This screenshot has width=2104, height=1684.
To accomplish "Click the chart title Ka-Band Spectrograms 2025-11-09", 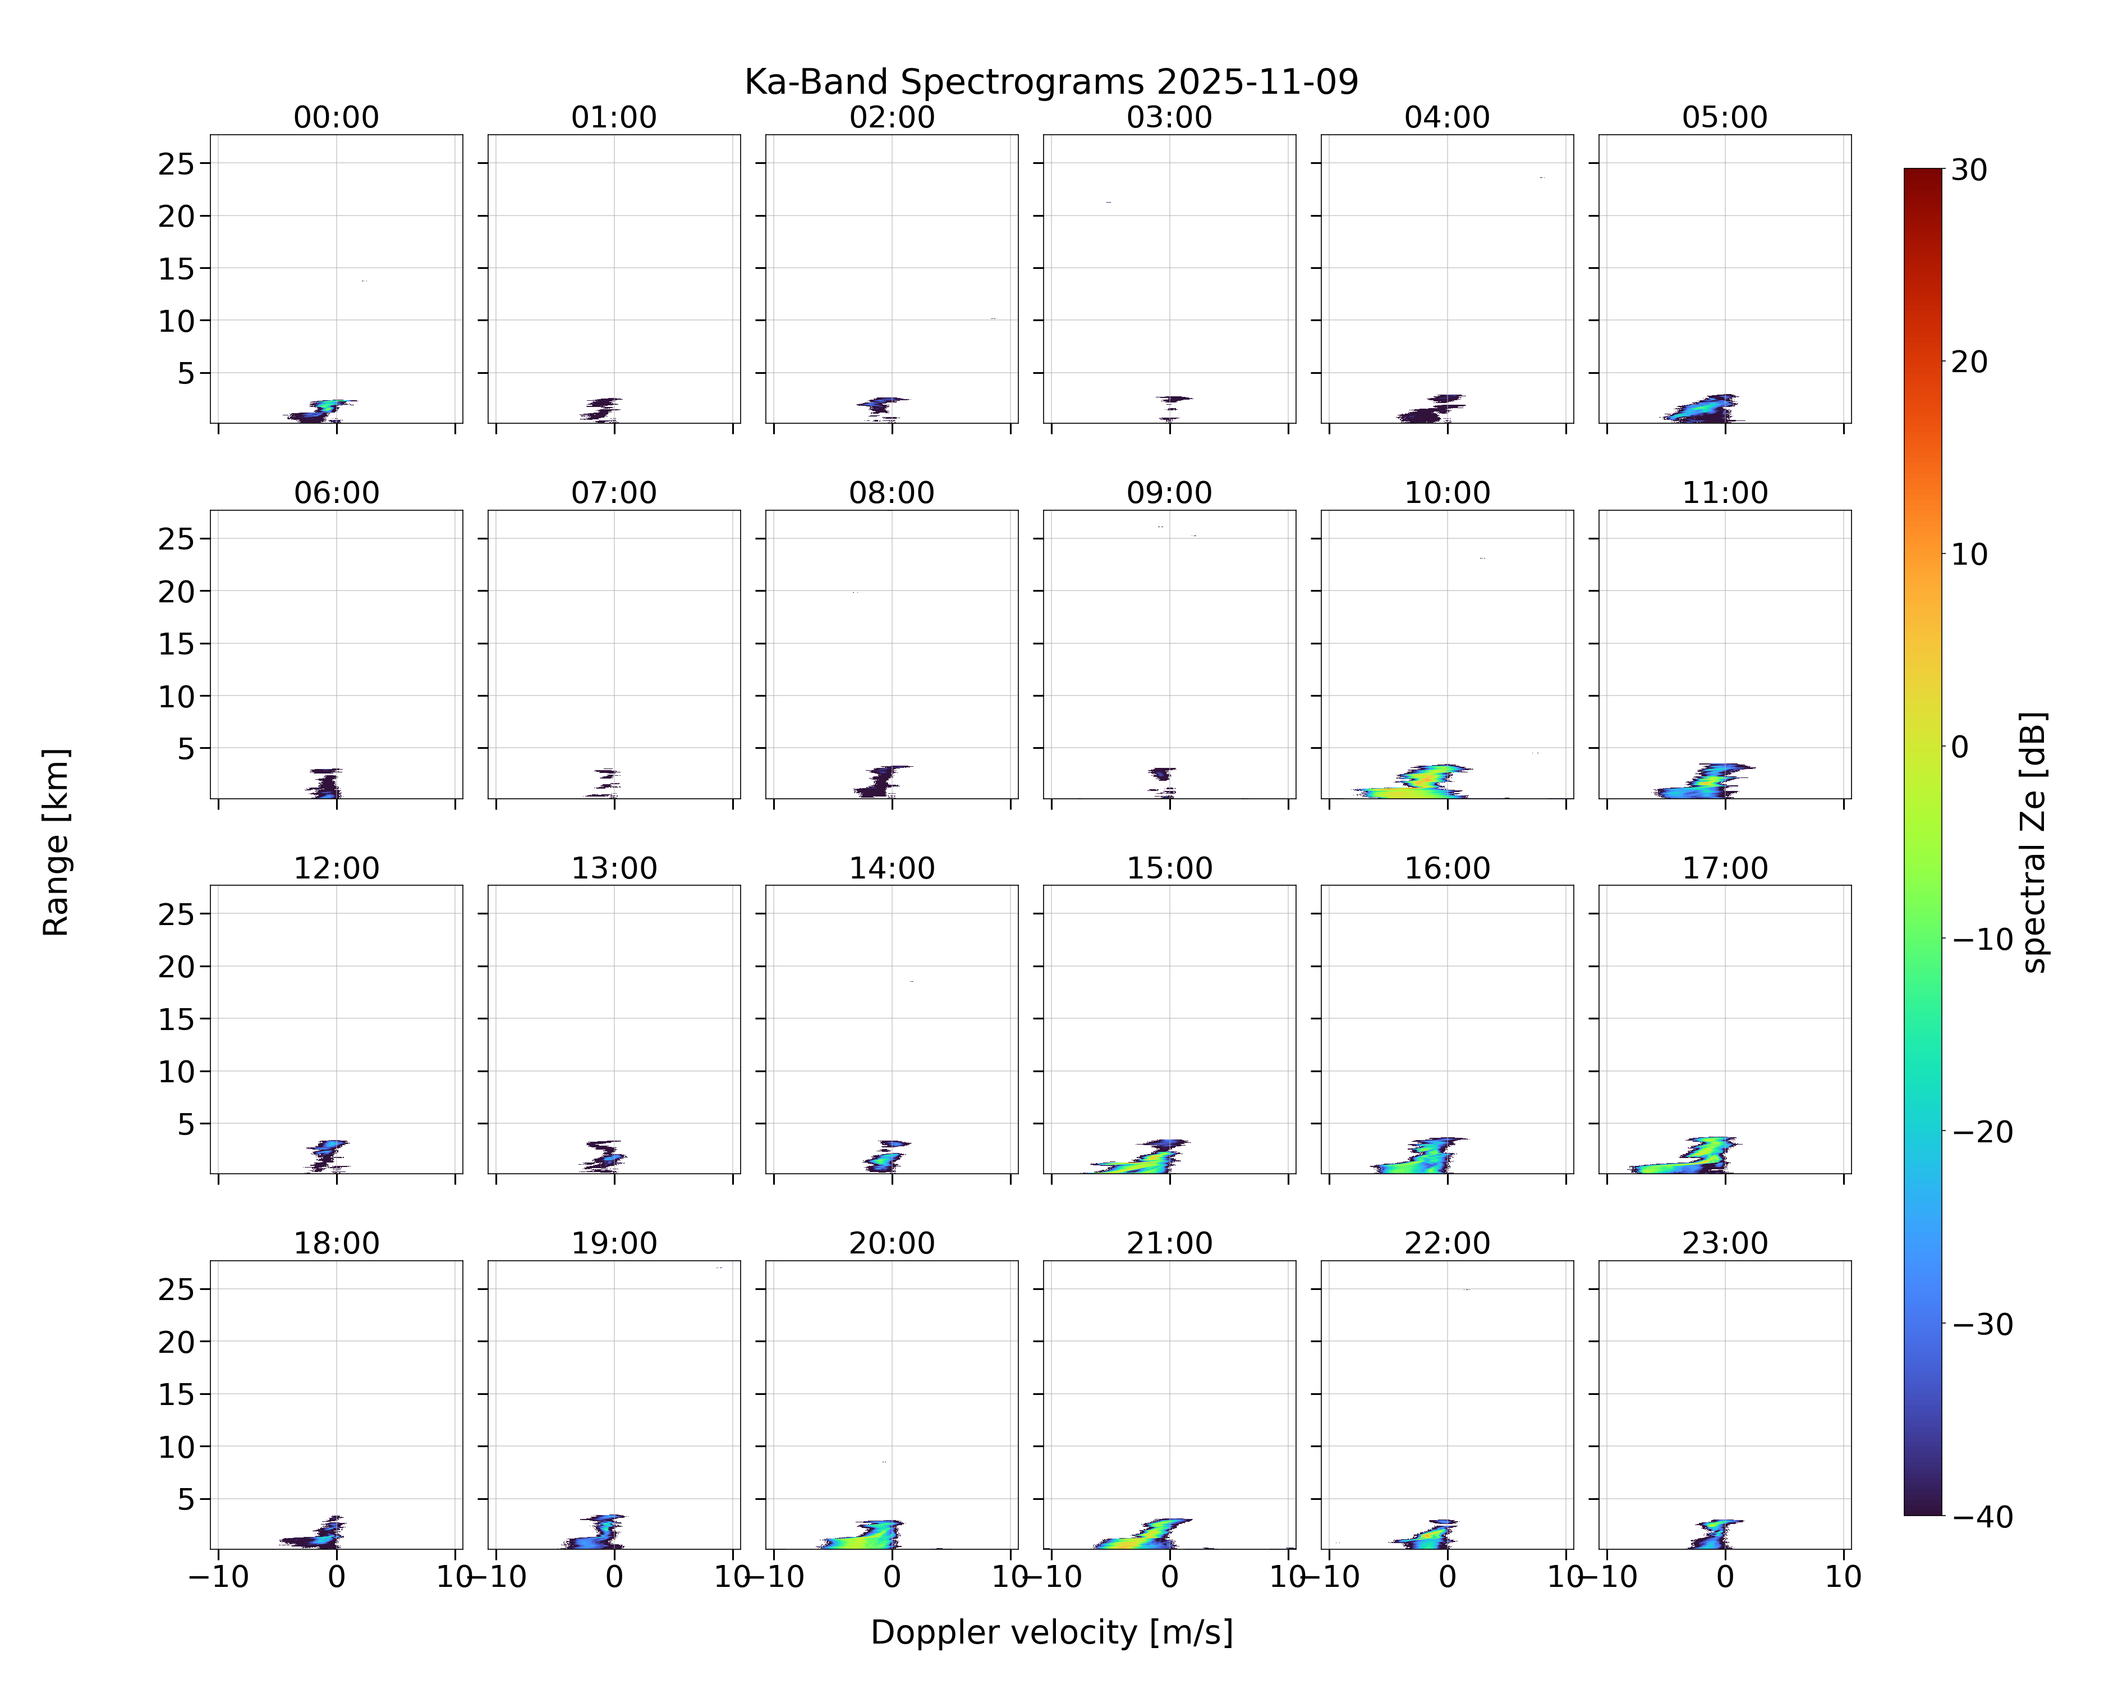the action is [1051, 82].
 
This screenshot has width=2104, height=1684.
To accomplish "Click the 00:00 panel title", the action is [337, 117].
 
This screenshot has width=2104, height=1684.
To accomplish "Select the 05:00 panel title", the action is [1724, 117].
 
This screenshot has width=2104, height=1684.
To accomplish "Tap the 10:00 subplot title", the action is [1447, 493].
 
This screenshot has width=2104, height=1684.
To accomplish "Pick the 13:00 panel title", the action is [614, 868].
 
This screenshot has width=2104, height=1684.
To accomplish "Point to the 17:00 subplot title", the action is [1724, 868].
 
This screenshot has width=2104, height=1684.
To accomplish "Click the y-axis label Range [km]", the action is [56, 841].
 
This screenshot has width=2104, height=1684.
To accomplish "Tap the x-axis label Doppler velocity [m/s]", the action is [1051, 1632].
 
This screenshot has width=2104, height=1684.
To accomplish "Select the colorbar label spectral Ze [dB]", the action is [2034, 841].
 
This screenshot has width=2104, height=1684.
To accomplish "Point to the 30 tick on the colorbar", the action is [1969, 170].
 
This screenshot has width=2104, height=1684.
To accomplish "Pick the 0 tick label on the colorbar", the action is [1960, 747].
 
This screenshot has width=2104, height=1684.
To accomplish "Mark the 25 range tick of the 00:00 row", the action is [177, 164].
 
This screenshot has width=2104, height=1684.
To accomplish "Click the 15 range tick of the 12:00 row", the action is [177, 1019].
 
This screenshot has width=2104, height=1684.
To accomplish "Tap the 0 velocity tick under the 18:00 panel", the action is [337, 1577].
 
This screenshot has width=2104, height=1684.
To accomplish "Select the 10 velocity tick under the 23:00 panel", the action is [1844, 1577].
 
